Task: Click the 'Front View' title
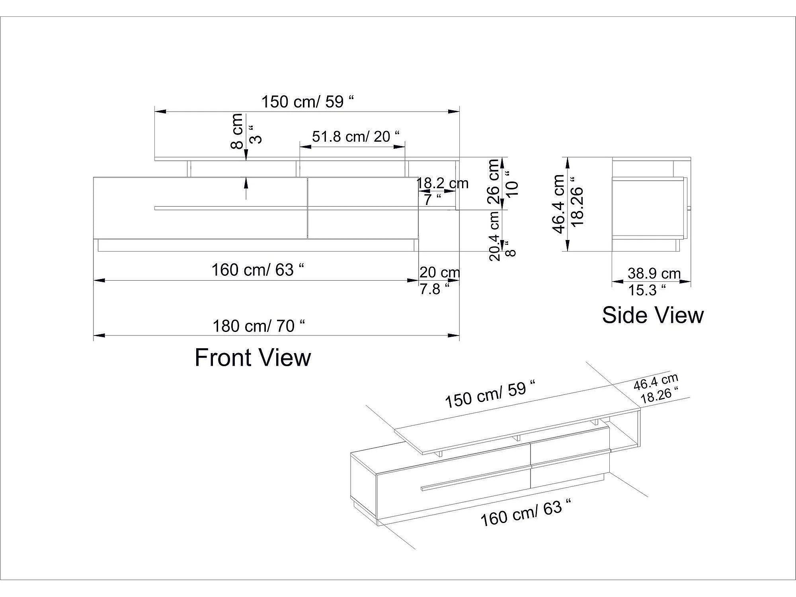click(x=253, y=357)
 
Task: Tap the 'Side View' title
click(x=653, y=315)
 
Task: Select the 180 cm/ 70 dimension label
click(x=259, y=326)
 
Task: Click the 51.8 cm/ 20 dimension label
click(x=355, y=137)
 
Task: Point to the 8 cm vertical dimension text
click(x=237, y=131)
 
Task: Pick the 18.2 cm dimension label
click(x=442, y=183)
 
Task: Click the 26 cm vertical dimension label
click(x=493, y=181)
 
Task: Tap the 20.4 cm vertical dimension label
click(x=494, y=236)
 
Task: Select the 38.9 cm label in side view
click(x=654, y=273)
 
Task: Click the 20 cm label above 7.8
click(x=440, y=272)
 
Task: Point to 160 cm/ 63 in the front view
click(x=258, y=270)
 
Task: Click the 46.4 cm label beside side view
click(x=558, y=204)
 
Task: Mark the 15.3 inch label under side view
click(x=647, y=290)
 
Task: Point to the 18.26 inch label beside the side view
click(x=577, y=202)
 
